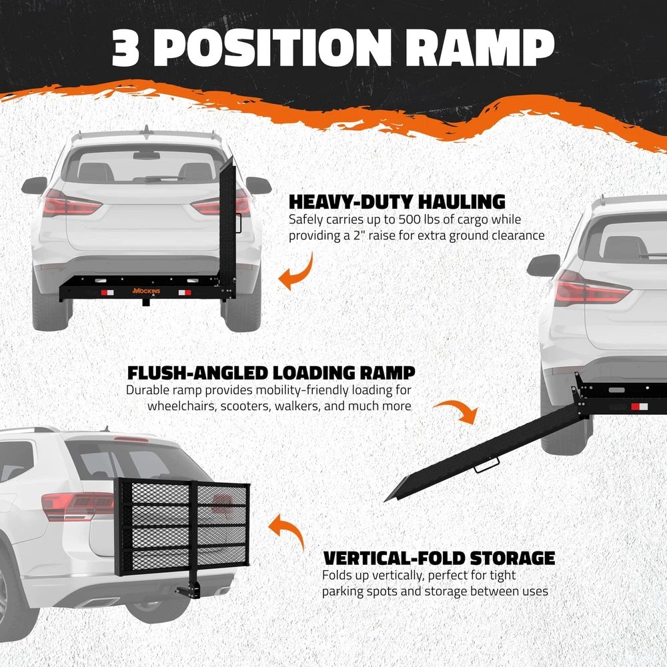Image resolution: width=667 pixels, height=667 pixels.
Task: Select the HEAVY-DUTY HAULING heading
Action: click(397, 202)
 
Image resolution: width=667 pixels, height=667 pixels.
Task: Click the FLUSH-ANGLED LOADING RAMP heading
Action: click(271, 372)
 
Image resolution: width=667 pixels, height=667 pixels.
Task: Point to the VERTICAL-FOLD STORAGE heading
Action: click(439, 558)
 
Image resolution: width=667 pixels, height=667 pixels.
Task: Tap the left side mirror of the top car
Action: click(34, 185)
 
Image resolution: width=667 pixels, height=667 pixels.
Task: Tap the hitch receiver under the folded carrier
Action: click(195, 589)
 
